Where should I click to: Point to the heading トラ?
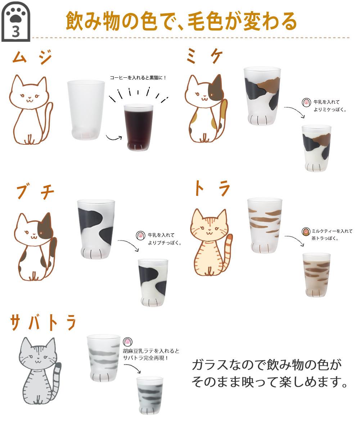pos(212,189)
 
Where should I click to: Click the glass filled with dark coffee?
pos(138,127)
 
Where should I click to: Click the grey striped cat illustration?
pos(40,371)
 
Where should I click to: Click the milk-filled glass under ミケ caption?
pos(316,148)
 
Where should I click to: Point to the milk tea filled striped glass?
pos(316,274)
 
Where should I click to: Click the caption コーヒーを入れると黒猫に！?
pos(138,77)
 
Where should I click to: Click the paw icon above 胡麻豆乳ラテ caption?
pos(127,342)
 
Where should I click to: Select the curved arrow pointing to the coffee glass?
pos(114,138)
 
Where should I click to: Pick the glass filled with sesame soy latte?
pos(150,395)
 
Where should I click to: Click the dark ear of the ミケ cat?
pos(217,85)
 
